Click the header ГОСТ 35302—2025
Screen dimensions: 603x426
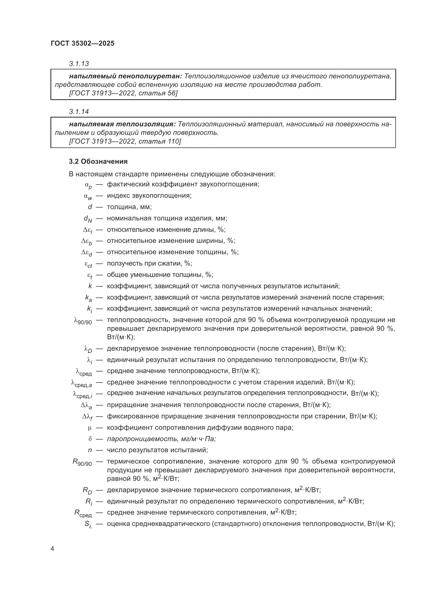point(83,43)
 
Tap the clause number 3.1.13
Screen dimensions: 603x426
point(79,64)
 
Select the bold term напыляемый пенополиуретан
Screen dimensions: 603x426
point(125,76)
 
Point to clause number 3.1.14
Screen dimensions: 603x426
point(79,112)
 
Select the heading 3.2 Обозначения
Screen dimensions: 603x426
point(98,162)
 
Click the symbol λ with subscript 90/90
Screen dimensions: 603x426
point(83,321)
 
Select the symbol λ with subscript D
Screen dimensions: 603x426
point(88,350)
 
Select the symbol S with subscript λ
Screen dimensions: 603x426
point(88,524)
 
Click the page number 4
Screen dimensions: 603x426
point(52,549)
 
